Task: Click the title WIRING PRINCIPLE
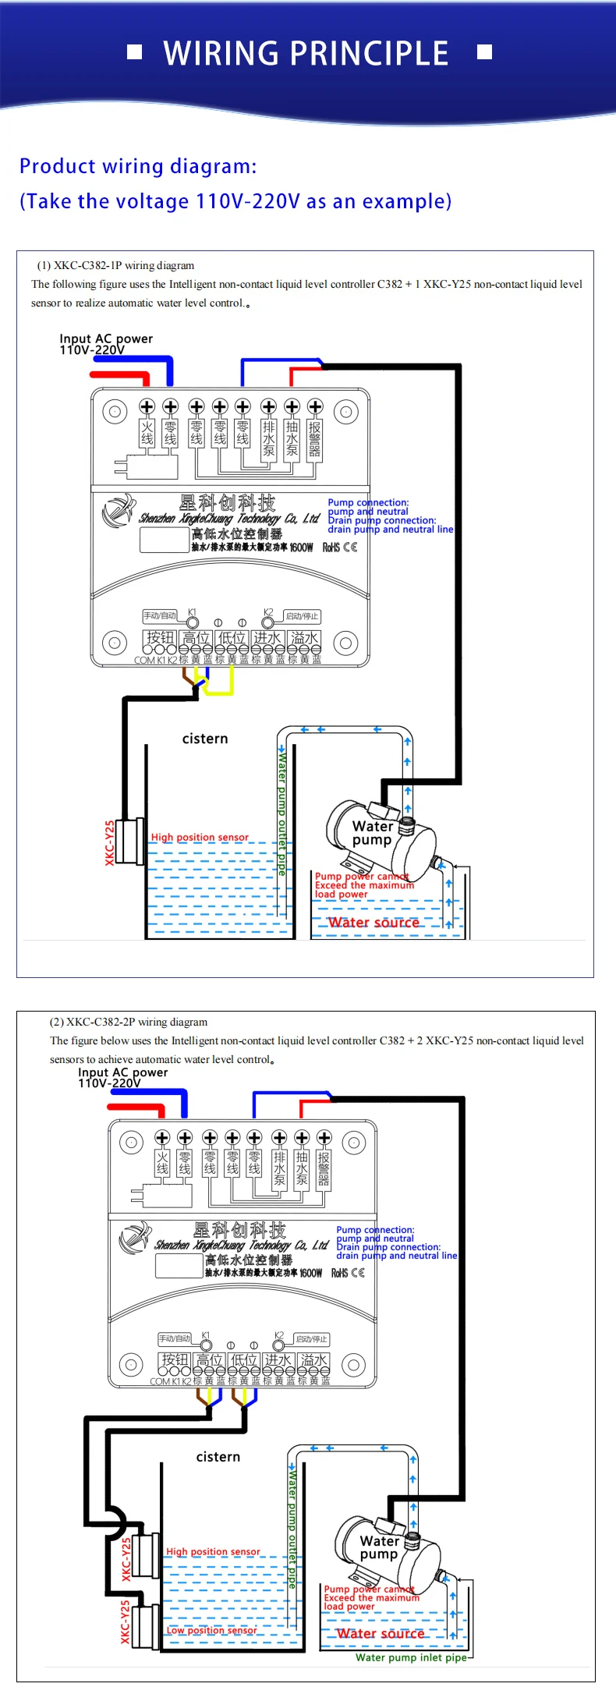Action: coord(306,53)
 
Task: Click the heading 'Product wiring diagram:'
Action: coord(137,166)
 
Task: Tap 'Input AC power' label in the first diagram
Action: coord(106,339)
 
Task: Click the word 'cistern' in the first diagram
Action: coord(205,739)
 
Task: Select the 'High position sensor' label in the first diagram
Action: coord(200,837)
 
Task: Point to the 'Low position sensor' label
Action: coord(211,1630)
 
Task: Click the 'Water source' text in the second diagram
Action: coord(381,1633)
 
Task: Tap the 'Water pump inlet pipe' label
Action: coord(411,1657)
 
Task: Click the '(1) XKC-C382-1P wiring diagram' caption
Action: coord(115,265)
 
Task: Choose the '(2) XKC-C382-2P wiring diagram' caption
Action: coord(129,1022)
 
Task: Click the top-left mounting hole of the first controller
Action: coord(115,411)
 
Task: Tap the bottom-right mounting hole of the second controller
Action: coord(353,1365)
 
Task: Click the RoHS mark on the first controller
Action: coord(331,548)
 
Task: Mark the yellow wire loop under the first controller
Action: coord(219,685)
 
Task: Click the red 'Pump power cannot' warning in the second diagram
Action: coord(370,1589)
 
